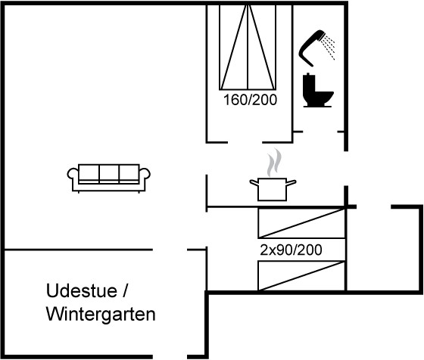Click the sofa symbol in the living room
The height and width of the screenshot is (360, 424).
point(109,178)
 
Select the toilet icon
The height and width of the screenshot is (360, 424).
point(317,91)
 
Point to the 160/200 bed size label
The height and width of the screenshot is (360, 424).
point(250,100)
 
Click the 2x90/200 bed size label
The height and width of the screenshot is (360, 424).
point(291,250)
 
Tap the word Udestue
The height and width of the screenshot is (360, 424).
point(82,290)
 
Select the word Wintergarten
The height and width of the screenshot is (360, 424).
point(101,314)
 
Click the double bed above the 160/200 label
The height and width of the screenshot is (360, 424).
point(248,47)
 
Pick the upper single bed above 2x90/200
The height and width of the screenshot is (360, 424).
point(302,223)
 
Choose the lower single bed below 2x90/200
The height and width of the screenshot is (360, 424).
point(302,276)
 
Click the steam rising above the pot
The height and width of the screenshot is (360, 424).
point(274,162)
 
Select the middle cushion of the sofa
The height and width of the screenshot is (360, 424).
point(109,173)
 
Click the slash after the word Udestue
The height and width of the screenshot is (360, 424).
point(125,290)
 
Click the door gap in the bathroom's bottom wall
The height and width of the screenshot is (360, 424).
point(320,132)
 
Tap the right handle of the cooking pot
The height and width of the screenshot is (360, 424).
point(291,183)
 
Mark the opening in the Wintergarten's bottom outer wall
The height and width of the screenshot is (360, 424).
point(170,357)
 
